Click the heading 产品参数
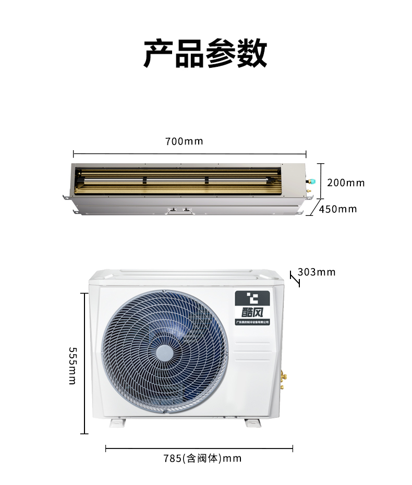tap(205, 53)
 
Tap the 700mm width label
tap(184, 141)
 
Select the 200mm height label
tap(346, 183)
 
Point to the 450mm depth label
tap(338, 209)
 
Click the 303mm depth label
tap(317, 272)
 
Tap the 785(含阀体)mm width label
tap(202, 458)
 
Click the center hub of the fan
tap(164, 353)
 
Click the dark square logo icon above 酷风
tap(253, 298)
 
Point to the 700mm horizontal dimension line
tap(189, 154)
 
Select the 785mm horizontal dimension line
tap(199, 448)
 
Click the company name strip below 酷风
tap(253, 322)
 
